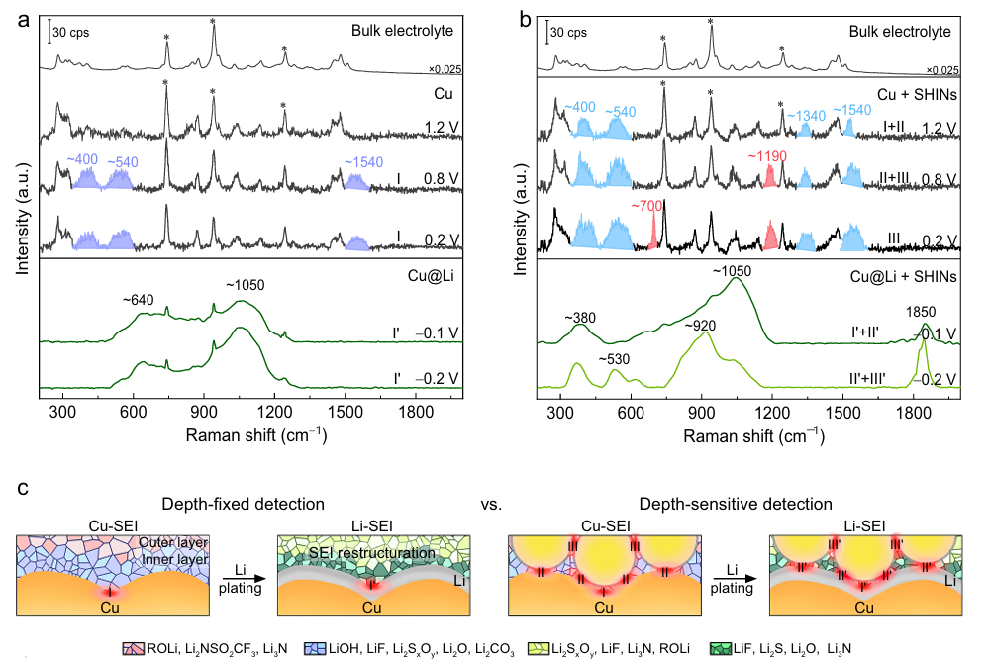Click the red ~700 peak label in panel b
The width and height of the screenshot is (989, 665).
647,205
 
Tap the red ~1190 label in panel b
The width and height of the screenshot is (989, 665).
767,155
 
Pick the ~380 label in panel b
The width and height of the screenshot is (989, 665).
581,318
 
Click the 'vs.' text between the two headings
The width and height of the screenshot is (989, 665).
488,505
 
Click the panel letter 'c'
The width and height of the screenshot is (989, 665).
21,489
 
